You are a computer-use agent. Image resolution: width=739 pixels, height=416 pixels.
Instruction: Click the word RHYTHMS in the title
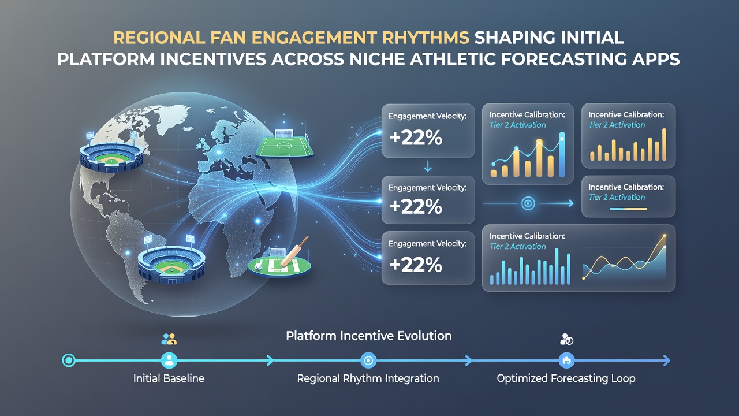point(426,38)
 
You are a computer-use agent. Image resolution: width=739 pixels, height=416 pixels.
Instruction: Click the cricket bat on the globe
point(294,251)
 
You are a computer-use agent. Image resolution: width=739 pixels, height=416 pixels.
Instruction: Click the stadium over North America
point(111,154)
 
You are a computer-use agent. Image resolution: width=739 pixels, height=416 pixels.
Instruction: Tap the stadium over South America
point(171,260)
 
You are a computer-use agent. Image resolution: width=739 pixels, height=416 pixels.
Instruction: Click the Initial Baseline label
point(169,378)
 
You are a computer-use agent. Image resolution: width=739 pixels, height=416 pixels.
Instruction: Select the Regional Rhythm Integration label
point(368,378)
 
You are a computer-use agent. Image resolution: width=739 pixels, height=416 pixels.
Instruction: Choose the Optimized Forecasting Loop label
point(566,378)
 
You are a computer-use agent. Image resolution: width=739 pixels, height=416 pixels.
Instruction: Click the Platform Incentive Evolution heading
point(369,336)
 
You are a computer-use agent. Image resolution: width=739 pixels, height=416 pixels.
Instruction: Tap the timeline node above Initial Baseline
point(169,361)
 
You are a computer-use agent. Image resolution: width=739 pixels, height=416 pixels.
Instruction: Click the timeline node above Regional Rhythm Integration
point(368,361)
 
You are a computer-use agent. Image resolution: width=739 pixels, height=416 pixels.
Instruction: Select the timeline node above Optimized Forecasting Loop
point(567,361)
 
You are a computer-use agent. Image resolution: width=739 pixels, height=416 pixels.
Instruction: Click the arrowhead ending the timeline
point(667,361)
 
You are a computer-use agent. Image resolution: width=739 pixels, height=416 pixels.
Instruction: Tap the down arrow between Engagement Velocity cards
point(428,166)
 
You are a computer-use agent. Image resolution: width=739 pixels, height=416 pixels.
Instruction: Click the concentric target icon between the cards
point(528,203)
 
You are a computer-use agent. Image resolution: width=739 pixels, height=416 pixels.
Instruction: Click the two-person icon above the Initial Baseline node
point(169,339)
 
